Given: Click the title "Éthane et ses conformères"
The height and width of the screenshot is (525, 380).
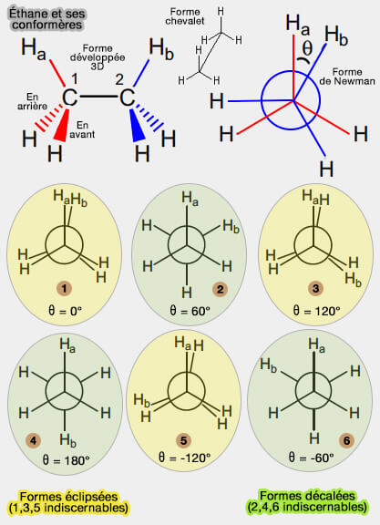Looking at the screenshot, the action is (46, 19).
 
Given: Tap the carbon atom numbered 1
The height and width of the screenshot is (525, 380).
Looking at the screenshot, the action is (69, 98).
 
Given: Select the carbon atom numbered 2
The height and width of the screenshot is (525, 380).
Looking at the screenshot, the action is (127, 98).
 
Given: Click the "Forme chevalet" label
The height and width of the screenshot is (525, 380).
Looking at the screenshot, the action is (185, 16).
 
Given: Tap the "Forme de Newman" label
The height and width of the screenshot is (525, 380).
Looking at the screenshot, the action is (347, 77).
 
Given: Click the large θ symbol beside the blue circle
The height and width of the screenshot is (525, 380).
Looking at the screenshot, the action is (307, 48).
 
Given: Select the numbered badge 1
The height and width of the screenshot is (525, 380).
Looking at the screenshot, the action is (64, 288).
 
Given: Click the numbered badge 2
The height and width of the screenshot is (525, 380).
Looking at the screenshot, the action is (220, 289).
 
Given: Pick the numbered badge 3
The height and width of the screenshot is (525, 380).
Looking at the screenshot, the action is (315, 288).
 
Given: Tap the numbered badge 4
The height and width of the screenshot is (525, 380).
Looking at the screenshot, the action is (33, 440).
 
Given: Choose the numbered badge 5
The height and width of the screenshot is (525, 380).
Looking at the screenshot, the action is (184, 440).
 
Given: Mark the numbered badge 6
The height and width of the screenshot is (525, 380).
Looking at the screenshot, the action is (347, 440).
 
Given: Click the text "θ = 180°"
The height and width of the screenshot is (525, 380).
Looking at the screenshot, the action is (66, 460).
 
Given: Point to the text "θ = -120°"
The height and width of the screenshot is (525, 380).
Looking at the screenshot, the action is (184, 458).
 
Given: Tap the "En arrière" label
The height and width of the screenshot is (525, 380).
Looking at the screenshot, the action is (33, 101).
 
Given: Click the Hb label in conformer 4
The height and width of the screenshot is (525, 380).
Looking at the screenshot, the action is (68, 440).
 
